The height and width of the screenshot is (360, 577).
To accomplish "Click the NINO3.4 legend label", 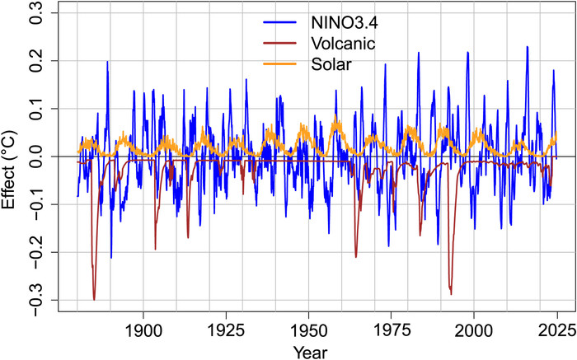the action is [x=345, y=23].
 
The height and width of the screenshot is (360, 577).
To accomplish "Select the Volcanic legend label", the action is [x=343, y=44].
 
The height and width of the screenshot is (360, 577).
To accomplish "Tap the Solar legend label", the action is [x=331, y=64].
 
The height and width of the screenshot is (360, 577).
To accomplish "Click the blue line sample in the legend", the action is [x=280, y=22].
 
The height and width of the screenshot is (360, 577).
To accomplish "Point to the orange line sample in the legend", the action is [x=280, y=64].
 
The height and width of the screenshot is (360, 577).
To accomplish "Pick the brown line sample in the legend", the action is [x=280, y=44].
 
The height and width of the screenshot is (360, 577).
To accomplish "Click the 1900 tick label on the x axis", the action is [x=143, y=331].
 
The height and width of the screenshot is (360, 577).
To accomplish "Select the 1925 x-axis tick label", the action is [x=226, y=331].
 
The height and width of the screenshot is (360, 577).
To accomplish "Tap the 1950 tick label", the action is [x=309, y=331].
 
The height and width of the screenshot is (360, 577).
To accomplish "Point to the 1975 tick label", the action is [x=392, y=331].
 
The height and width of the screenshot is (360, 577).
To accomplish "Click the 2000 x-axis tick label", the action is [x=474, y=331].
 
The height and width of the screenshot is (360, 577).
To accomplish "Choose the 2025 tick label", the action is [x=556, y=331].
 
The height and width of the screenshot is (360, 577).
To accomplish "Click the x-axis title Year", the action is [x=310, y=353].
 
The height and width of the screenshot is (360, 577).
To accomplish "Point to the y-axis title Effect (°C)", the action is [x=9, y=170].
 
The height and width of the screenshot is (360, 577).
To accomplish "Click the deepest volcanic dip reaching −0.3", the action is [x=94, y=299].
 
